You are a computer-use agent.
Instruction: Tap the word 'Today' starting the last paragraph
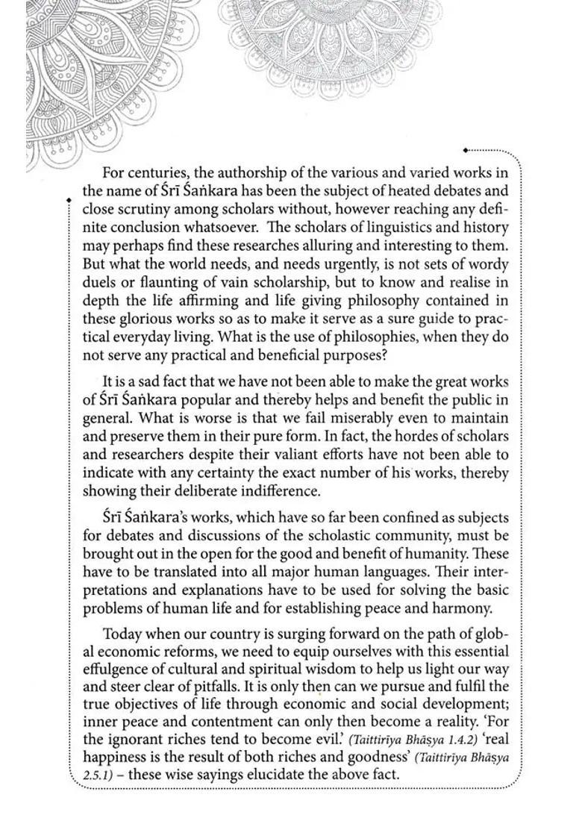122,634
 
